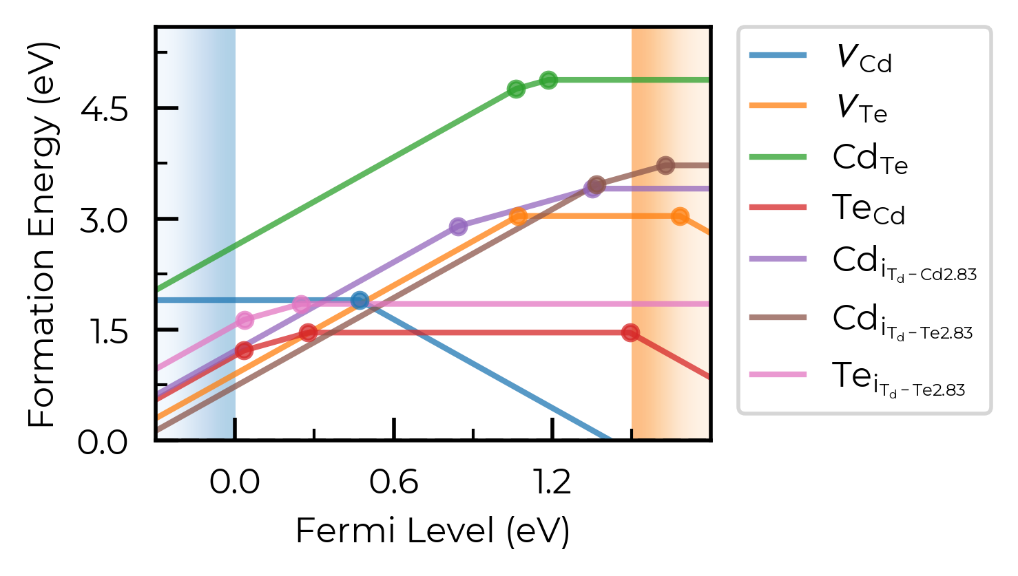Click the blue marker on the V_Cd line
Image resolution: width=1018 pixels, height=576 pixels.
pos(360,300)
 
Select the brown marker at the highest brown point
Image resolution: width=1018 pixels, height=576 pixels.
pos(666,166)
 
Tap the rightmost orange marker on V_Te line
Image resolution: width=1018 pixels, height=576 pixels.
pos(680,217)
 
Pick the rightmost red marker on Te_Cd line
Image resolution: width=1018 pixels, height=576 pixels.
pos(630,333)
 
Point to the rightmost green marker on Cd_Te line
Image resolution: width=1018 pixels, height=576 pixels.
pos(548,81)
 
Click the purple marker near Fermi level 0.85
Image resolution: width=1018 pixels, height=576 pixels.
pos(458,226)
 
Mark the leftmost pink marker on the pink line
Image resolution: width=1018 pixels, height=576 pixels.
pos(245,321)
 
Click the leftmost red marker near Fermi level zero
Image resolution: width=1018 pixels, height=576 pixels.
pos(245,350)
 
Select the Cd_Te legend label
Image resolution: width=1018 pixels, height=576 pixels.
pos(870,160)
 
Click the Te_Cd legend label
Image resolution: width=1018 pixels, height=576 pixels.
pos(869,209)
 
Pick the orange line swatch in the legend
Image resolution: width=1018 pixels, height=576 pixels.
pos(778,106)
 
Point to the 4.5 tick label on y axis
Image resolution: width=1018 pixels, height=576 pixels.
pos(104,109)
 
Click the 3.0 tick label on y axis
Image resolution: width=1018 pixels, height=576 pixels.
pos(104,221)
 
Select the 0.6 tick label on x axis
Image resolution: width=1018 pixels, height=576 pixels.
pos(393,482)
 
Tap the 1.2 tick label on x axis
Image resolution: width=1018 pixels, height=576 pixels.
pos(552,482)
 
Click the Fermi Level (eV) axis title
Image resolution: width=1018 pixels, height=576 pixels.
pos(433,531)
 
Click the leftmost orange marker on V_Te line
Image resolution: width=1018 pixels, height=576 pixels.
pos(518,217)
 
